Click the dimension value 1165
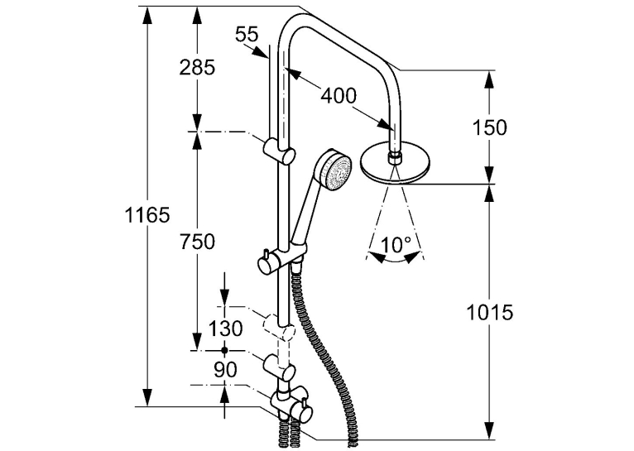point(146,214)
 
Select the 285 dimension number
point(197,67)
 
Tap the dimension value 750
point(197,242)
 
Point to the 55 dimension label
point(247,35)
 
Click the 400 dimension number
point(339,96)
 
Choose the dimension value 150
point(489,127)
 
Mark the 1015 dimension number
point(490,312)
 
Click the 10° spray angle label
point(396,244)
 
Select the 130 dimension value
point(226,329)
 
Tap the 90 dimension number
point(225,370)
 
